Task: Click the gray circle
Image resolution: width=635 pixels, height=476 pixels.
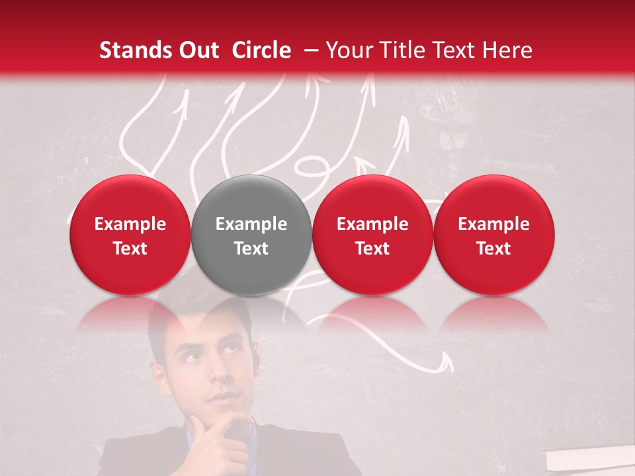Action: (x=251, y=235)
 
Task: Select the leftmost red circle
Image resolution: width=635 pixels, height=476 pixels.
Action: (x=130, y=235)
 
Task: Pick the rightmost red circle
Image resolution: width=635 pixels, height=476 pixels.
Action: (x=493, y=235)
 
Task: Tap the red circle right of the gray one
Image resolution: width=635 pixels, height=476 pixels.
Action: (x=372, y=235)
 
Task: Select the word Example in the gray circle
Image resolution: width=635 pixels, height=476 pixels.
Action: (x=251, y=224)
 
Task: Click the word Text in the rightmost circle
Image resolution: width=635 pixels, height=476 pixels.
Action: (x=493, y=249)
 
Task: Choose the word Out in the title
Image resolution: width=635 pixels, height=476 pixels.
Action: (x=196, y=50)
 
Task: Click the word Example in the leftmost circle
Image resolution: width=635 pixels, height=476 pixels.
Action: (x=130, y=224)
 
